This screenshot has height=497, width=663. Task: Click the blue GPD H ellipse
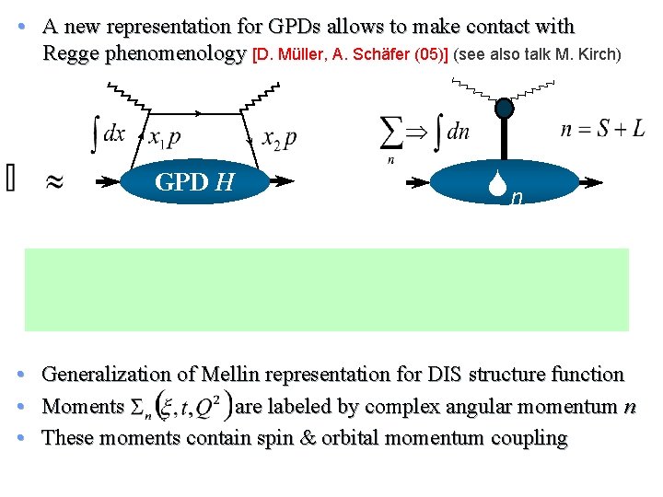[x=195, y=182]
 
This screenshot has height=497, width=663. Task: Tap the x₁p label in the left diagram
[x=165, y=136]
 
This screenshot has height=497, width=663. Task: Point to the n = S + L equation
[x=603, y=129]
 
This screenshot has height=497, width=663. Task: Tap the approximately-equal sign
[x=55, y=182]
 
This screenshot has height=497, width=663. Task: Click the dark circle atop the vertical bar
[x=504, y=109]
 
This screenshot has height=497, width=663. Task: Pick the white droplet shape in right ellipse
[x=503, y=190]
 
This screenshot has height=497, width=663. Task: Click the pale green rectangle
[x=327, y=289]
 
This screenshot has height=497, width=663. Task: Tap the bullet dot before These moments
[x=31, y=437]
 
